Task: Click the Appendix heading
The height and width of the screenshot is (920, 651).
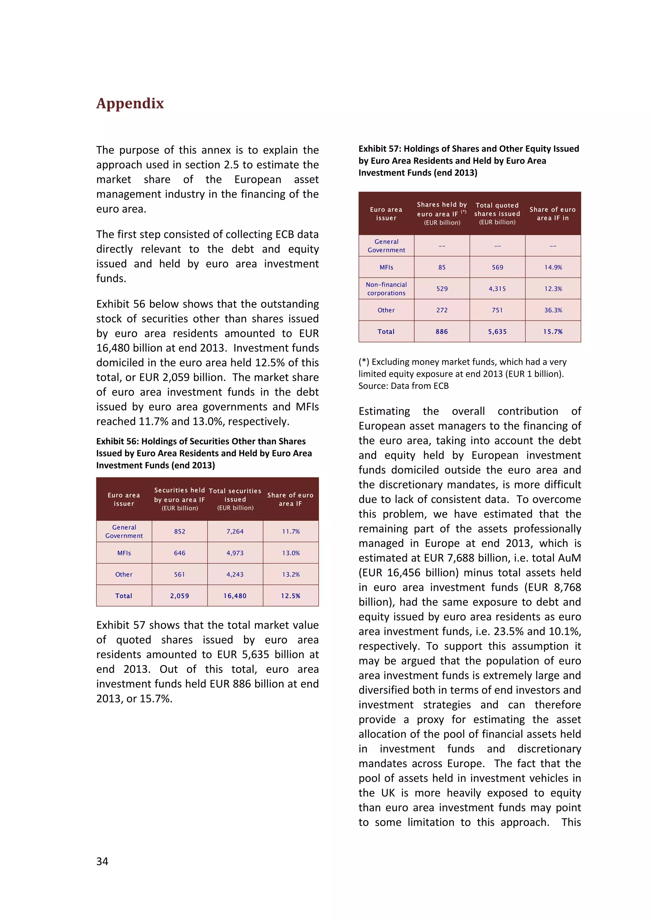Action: [130, 103]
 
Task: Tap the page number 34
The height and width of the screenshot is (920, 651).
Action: [102, 861]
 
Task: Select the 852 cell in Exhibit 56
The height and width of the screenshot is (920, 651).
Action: [180, 531]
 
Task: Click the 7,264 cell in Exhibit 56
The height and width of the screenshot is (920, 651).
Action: [235, 531]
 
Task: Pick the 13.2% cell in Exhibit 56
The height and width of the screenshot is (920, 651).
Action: [291, 574]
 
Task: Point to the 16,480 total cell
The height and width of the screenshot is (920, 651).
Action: [235, 596]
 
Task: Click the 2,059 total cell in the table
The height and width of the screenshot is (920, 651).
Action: [180, 596]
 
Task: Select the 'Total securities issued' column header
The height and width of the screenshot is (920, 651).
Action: [235, 499]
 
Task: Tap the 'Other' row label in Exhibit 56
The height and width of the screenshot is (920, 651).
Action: [124, 574]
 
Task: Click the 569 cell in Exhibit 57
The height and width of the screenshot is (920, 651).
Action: [497, 267]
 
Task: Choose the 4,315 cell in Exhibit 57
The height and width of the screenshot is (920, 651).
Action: [497, 288]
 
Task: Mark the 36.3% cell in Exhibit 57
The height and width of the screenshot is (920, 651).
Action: [553, 310]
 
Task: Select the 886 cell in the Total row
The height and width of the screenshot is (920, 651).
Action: [442, 331]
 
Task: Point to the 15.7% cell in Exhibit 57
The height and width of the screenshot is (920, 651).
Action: [553, 331]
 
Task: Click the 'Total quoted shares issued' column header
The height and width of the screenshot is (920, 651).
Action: [497, 213]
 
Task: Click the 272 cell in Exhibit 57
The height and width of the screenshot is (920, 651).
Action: [442, 310]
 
